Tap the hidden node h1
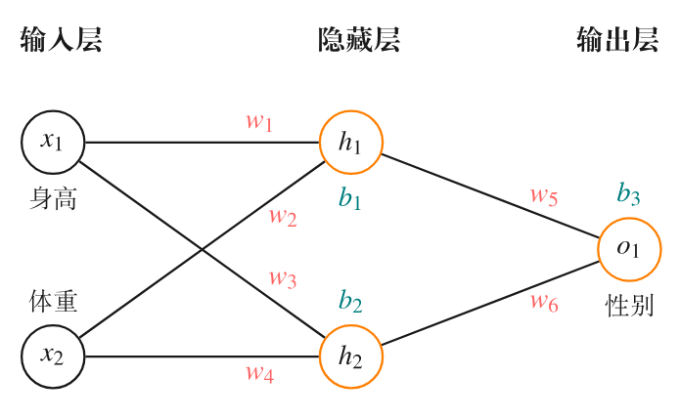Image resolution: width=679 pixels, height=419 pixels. click(350, 143)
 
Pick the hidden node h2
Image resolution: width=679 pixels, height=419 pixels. click(350, 356)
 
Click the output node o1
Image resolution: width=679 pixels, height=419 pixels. click(629, 249)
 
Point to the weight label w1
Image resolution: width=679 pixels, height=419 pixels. click(258, 122)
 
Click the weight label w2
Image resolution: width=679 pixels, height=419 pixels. click(283, 216)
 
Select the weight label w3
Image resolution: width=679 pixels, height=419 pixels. click(283, 278)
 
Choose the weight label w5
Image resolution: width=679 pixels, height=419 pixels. click(544, 195)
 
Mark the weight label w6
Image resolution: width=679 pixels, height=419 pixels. click(544, 302)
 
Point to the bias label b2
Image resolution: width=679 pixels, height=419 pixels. click(350, 302)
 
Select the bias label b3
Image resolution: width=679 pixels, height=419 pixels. click(628, 193)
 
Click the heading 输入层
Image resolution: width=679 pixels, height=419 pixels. click(61, 40)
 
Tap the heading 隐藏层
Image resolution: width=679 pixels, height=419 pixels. click(359, 40)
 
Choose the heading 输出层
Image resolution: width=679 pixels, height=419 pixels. click(617, 40)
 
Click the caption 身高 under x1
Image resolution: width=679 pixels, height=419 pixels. click(53, 200)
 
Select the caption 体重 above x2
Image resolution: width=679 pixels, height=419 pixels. click(53, 302)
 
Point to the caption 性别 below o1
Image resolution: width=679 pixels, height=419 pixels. click(629, 306)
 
